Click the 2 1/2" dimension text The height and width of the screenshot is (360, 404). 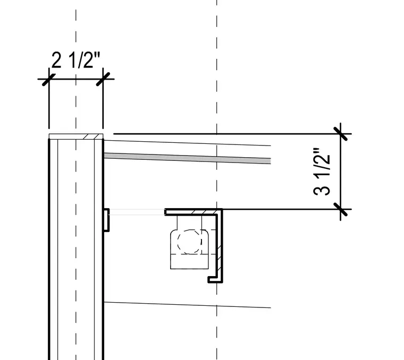[x=75, y=60]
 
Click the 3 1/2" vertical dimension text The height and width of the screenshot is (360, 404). [x=322, y=172]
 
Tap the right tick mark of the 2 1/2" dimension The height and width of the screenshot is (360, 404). [x=103, y=79]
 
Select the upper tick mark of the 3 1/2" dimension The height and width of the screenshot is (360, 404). [x=341, y=134]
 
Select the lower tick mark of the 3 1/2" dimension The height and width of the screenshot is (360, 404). [x=341, y=209]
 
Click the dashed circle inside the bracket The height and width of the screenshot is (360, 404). [x=190, y=242]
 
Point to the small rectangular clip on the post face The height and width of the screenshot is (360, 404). [x=106, y=220]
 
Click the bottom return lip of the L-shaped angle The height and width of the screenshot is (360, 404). [x=215, y=279]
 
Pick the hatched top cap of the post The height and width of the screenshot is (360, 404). [x=76, y=136]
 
